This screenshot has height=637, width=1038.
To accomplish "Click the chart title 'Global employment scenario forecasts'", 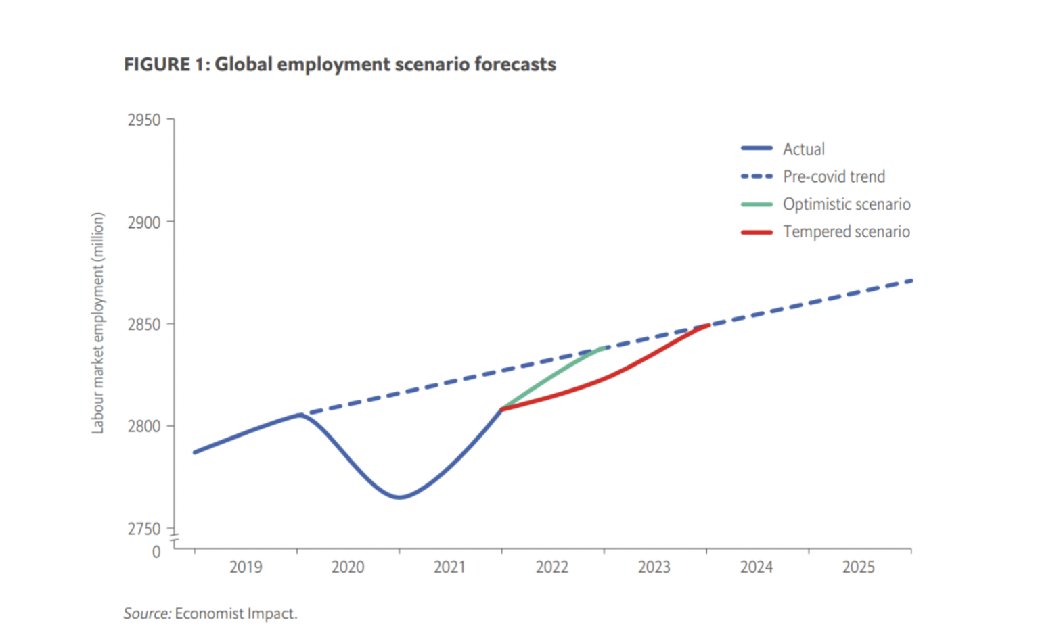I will coord(340,65).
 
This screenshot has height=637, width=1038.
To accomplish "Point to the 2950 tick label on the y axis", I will coord(144,120).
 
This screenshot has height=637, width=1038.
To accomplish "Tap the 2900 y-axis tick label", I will coord(144,222).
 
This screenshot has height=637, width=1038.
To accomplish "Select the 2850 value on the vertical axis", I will coord(144,325).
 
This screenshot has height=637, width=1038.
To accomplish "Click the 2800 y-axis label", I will coord(144,427).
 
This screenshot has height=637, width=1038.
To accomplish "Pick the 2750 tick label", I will coord(144,529).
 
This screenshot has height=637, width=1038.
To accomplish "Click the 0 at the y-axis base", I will coord(156,552).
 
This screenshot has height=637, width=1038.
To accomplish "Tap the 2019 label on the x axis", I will coord(246,567).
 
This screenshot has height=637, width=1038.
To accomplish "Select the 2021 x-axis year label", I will coord(450,567).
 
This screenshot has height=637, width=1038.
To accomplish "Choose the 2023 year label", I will coord(654,567).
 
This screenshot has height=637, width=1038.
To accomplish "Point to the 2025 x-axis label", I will coord(859,567).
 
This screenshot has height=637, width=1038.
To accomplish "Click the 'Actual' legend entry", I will coord(804,149).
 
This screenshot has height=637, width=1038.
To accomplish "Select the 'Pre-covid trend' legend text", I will coord(834,176).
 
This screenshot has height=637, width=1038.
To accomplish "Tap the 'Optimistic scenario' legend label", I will coord(847,204).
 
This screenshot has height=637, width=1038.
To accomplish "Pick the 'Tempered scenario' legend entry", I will coord(847,232).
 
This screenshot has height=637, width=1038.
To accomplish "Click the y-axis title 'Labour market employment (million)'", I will coord(98,323).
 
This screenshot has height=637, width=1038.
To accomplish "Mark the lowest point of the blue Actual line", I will coord(400,497).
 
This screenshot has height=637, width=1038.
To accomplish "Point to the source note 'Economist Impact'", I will coord(235,614).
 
